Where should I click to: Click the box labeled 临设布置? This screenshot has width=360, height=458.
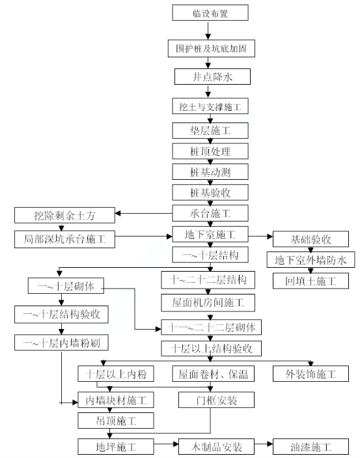click(210, 13)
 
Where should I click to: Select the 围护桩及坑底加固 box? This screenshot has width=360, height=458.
click(212, 48)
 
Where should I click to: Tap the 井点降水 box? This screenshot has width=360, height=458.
click(212, 77)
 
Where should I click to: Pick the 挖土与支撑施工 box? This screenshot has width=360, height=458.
click(210, 106)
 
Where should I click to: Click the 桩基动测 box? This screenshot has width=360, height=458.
click(210, 172)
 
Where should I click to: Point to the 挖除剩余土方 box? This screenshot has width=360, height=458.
click(64, 215)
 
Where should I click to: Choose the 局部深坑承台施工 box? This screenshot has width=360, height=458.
click(64, 239)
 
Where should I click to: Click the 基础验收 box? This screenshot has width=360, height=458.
click(311, 239)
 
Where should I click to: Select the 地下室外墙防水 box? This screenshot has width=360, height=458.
click(311, 260)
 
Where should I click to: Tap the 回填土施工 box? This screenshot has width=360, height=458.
click(311, 281)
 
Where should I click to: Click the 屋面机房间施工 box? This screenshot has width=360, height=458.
click(208, 302)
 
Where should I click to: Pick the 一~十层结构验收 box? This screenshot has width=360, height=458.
click(61, 314)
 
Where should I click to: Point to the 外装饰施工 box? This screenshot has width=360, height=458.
click(311, 373)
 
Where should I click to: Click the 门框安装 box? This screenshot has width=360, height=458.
click(216, 400)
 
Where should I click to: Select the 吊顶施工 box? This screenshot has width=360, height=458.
click(116, 421)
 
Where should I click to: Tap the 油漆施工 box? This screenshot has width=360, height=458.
click(311, 447)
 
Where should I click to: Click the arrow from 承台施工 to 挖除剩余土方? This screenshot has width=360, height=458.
click(144, 213)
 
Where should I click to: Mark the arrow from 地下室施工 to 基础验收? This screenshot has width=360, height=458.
click(260, 236)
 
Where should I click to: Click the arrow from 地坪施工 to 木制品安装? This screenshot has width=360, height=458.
click(166, 444)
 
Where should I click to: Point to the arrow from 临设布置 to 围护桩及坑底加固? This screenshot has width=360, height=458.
click(208, 31)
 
